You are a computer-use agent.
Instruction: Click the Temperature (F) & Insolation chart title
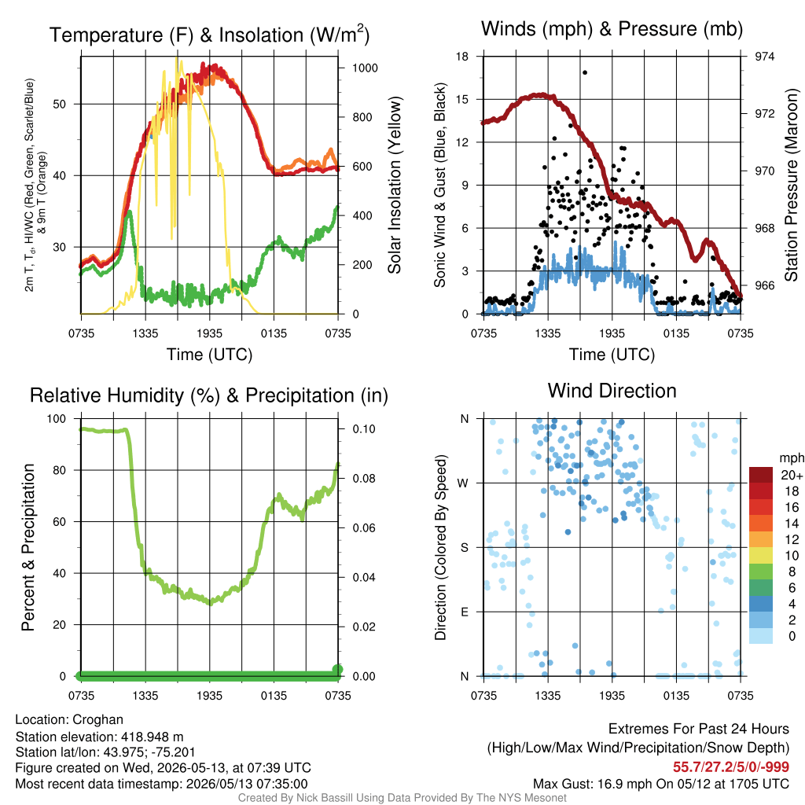[209, 35]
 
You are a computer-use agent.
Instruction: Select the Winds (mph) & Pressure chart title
[612, 29]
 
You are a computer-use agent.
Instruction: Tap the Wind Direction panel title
[612, 391]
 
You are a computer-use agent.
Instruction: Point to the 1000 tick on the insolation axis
[365, 68]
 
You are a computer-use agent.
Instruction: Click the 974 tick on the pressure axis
[764, 57]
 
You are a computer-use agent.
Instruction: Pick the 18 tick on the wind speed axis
[462, 57]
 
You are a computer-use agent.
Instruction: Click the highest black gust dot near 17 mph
[585, 72]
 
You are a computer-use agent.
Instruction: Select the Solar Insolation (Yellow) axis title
[395, 185]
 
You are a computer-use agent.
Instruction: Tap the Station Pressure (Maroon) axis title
[791, 185]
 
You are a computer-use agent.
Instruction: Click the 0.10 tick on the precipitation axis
[364, 429]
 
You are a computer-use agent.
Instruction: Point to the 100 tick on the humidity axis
[57, 419]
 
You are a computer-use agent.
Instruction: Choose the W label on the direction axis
[462, 483]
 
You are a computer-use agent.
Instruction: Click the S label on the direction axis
[464, 548]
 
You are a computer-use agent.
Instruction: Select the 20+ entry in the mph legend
[792, 476]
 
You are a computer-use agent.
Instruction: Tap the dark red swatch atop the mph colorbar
[761, 475]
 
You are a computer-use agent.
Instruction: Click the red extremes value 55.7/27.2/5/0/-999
[731, 766]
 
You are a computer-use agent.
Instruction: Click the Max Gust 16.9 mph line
[660, 784]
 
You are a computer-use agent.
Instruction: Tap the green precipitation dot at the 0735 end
[337, 670]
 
